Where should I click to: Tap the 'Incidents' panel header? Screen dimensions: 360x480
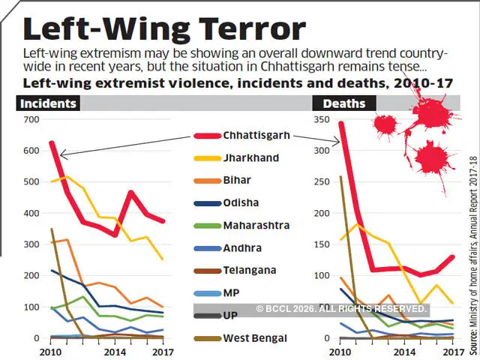[47, 103]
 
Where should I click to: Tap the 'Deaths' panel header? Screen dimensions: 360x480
[343, 103]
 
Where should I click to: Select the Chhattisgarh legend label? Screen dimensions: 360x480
[258, 136]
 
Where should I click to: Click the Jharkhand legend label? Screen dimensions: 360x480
[250, 158]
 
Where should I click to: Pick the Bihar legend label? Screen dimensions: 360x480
[237, 180]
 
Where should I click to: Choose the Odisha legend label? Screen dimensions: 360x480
[241, 202]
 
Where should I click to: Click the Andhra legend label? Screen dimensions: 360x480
[241, 247]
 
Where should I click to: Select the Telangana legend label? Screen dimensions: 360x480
[249, 270]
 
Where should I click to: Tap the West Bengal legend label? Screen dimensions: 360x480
[255, 338]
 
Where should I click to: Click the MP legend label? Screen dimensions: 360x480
[231, 292]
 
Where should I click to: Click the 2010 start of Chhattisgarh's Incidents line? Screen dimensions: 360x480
[51, 142]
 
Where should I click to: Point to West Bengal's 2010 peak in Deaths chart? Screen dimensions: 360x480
[341, 178]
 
